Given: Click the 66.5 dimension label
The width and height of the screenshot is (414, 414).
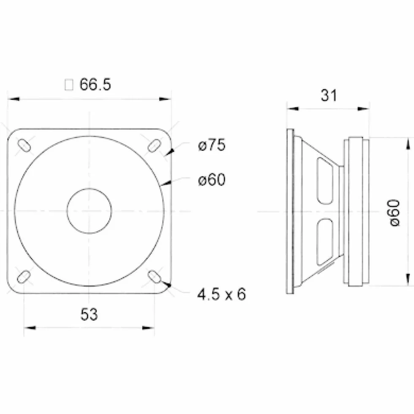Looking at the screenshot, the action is [95, 84].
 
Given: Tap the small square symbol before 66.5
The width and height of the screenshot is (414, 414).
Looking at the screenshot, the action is [69, 85].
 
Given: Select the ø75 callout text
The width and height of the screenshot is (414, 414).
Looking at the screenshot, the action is [212, 145].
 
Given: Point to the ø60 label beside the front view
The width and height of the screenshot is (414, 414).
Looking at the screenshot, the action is [212, 180].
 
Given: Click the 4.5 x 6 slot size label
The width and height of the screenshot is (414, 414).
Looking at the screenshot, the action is [221, 294].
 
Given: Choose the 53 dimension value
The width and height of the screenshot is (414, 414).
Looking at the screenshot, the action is [89, 314].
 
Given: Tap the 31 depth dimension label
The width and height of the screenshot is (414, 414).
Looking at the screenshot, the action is [329, 95].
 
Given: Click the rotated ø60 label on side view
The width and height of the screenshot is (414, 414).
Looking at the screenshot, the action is [395, 213].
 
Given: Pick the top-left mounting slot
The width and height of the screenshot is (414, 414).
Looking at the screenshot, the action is [24, 145].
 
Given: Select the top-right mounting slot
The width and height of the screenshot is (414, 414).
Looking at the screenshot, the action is [154, 145].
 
